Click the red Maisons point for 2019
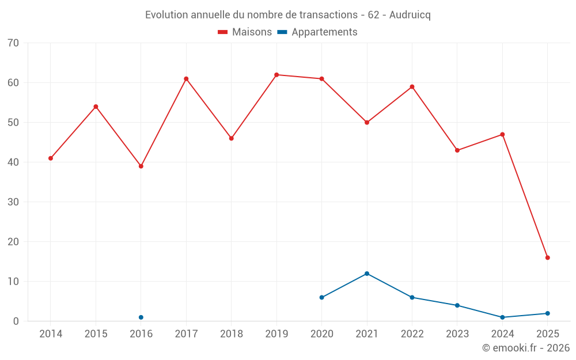pyautogui.click(x=276, y=75)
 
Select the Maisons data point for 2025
pyautogui.click(x=547, y=257)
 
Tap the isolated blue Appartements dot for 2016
pyautogui.click(x=141, y=317)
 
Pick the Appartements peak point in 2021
pyautogui.click(x=367, y=274)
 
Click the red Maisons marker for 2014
pyautogui.click(x=51, y=158)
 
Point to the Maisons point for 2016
pyautogui.click(x=141, y=166)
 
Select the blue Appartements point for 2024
pyautogui.click(x=502, y=317)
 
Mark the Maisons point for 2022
pyautogui.click(x=412, y=87)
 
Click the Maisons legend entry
pyautogui.click(x=245, y=32)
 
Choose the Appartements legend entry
pyautogui.click(x=317, y=32)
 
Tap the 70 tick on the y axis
pyautogui.click(x=13, y=43)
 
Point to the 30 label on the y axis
pyautogui.click(x=13, y=202)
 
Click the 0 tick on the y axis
pyautogui.click(x=16, y=321)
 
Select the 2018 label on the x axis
pyautogui.click(x=232, y=334)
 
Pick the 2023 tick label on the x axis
pyautogui.click(x=457, y=334)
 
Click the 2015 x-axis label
pyautogui.click(x=96, y=334)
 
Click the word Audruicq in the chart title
pyautogui.click(x=410, y=15)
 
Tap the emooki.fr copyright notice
pyautogui.click(x=525, y=348)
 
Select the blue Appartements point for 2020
pyautogui.click(x=321, y=297)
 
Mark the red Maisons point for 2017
pyautogui.click(x=186, y=79)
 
